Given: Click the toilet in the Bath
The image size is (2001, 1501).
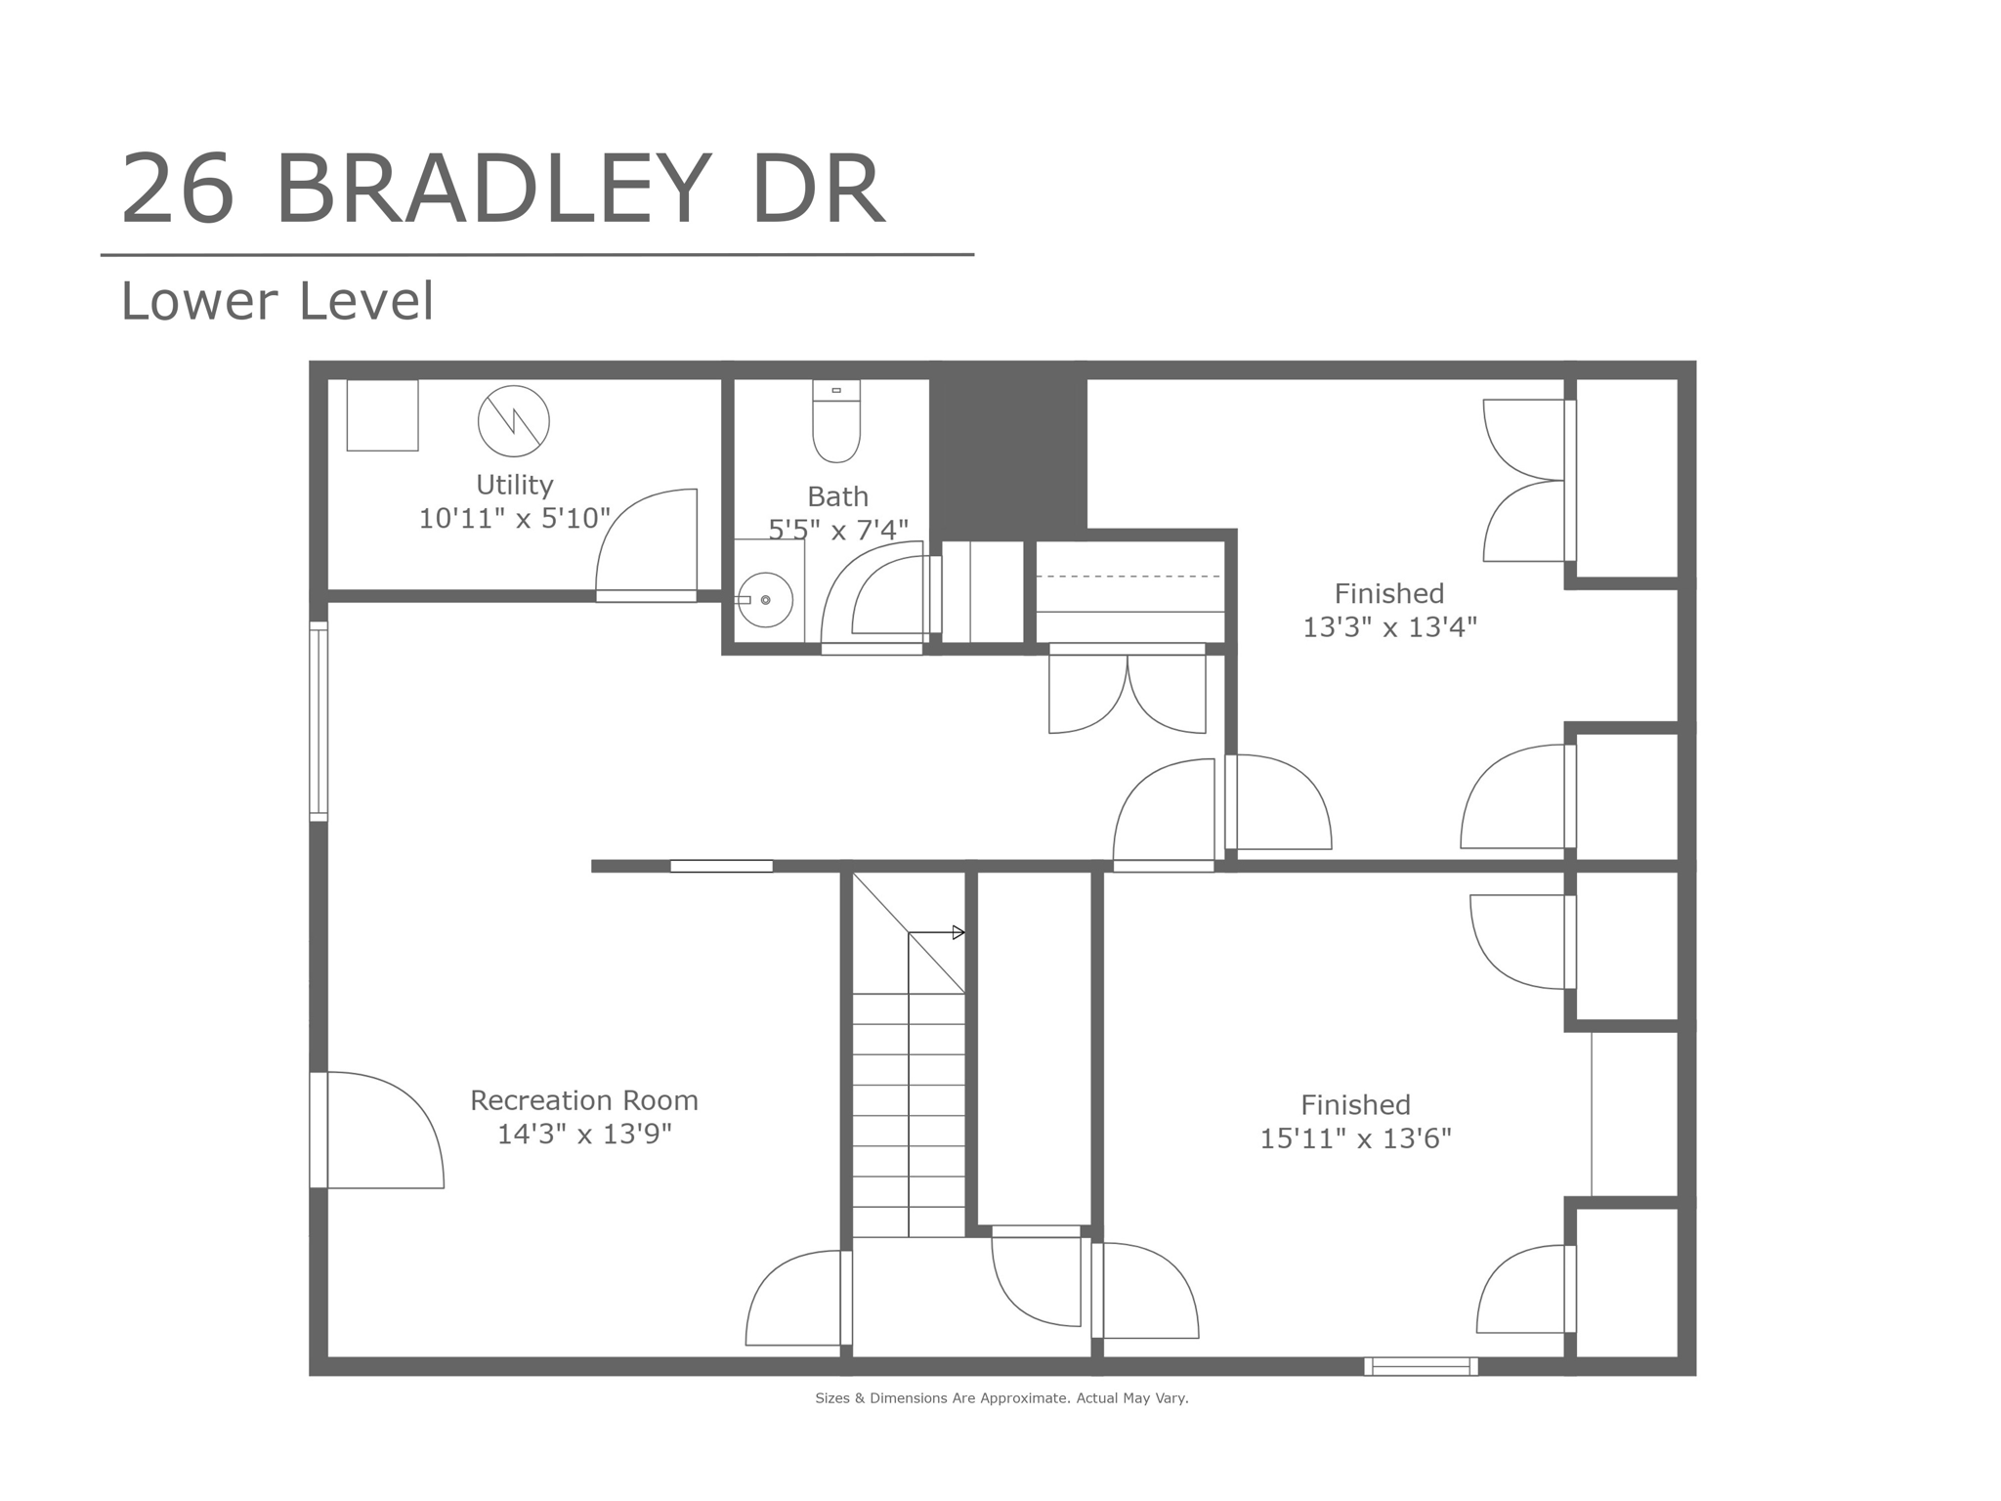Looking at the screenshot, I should point(836,422).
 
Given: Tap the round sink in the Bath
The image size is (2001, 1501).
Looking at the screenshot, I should point(765,599).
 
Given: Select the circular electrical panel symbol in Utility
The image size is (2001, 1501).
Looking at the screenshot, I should point(513,421).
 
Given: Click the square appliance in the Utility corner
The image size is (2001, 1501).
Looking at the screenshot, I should point(382,415).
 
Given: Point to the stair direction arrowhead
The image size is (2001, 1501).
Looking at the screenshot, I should point(958,932).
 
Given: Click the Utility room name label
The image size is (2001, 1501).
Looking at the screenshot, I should point(514,485).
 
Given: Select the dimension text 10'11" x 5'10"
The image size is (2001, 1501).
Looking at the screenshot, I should point(514,518).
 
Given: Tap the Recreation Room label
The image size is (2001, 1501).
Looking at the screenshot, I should point(584,1100).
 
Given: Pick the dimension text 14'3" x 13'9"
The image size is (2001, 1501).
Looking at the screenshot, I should point(584,1135).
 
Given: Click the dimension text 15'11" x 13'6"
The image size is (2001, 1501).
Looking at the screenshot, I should point(1355,1138).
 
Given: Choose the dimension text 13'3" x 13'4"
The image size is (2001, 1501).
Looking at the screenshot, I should point(1388,627).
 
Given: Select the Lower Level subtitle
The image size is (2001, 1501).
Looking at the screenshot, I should point(277,301).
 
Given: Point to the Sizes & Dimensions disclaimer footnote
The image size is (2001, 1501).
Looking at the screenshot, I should point(1001,1398).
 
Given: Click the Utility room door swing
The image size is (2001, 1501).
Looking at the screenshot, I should point(648,542).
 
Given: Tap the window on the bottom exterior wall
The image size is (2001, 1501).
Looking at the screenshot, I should point(1421,1366).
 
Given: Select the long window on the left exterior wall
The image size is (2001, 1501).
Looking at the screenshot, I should point(319,720).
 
